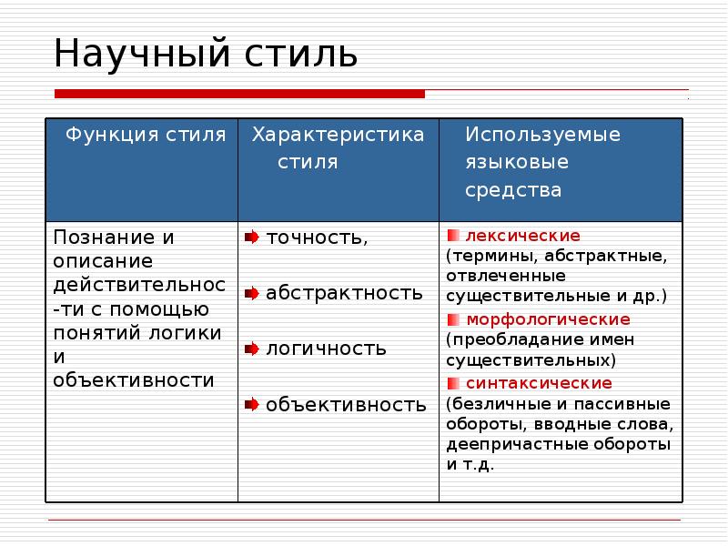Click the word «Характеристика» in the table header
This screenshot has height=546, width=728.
click(x=338, y=136)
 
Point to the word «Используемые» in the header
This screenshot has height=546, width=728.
click(x=542, y=136)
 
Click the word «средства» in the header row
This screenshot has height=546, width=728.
click(x=513, y=191)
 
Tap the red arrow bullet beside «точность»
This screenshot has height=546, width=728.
click(x=251, y=238)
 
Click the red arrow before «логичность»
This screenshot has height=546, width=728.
click(x=251, y=349)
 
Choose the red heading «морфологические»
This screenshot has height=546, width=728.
click(x=548, y=319)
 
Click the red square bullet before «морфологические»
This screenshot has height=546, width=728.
click(x=452, y=319)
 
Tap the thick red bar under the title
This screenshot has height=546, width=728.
click(x=239, y=94)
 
